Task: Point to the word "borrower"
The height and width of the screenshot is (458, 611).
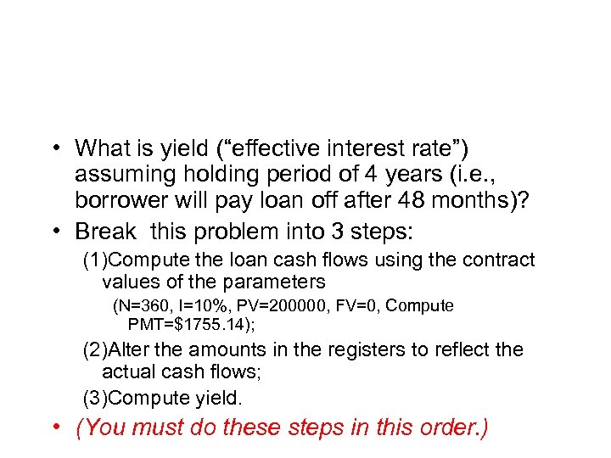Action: coord(120,203)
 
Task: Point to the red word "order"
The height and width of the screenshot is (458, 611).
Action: coord(445,427)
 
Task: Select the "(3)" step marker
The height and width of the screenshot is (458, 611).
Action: coord(95,397)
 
